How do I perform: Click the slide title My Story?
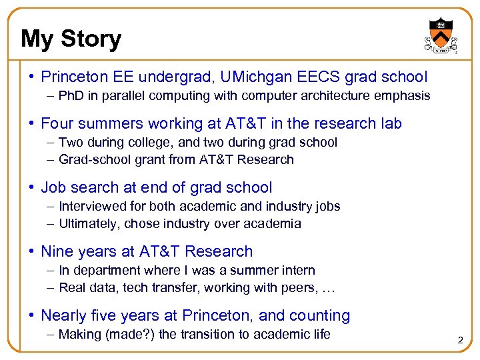[x=71, y=39]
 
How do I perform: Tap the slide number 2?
[x=460, y=341]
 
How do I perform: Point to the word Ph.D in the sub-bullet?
[x=74, y=95]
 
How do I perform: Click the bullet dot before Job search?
[x=33, y=188]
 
